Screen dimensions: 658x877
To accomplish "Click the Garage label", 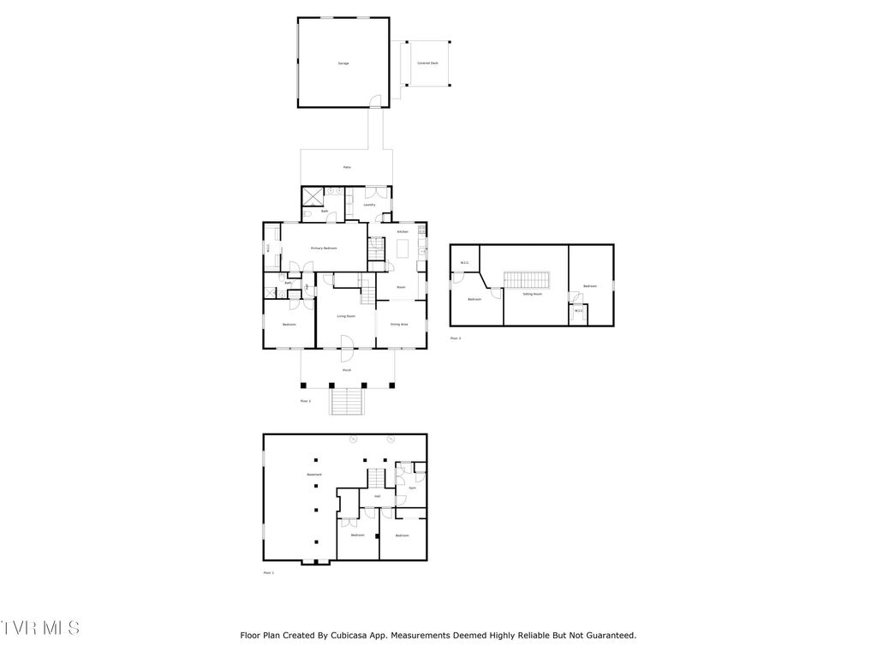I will pos(343,63).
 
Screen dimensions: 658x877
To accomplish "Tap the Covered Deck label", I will pos(427,63).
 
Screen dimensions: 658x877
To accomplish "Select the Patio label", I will pos(347,167).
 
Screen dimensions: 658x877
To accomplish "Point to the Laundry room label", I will pos(369,205).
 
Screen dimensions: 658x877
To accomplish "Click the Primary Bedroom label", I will pos(324,248).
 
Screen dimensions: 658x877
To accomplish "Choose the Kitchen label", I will pos(402,232).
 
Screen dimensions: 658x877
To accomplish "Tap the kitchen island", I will pos(403,248).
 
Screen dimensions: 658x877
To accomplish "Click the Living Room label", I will pos(346,316).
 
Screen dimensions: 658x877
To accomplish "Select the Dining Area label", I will pos(399,325).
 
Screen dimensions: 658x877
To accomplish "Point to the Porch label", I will pos(347,369).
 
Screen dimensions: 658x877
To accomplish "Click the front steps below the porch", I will pos(347,402).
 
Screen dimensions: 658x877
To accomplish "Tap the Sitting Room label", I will pos(533,294).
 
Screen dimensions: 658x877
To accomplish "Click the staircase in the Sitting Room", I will pos(527,280).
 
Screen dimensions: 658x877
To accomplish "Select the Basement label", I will pos(314,475).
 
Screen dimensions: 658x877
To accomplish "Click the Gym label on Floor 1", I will pos(411,488).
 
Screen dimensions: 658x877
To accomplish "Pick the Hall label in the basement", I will pos(377,496).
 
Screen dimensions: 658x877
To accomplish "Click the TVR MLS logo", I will pos(40,628).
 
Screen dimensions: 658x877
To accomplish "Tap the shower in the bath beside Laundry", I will pos(313,195).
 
